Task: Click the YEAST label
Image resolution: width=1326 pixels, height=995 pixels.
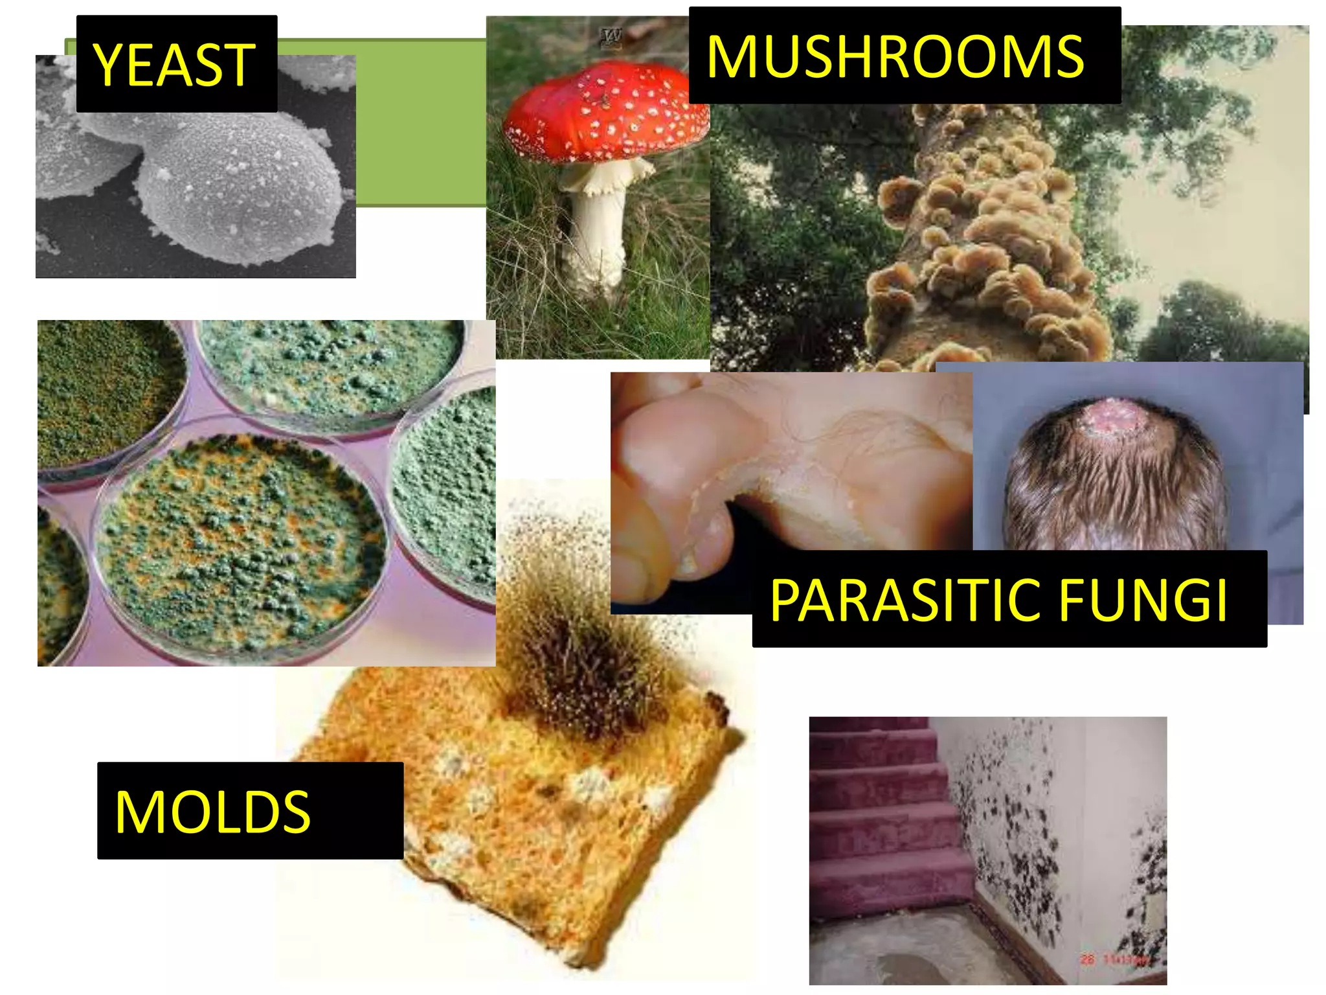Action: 176,64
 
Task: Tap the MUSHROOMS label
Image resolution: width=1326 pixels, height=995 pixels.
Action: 903,56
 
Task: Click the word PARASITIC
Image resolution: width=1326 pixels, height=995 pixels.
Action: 906,600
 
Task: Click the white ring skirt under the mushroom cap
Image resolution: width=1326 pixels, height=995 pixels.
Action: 605,175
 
